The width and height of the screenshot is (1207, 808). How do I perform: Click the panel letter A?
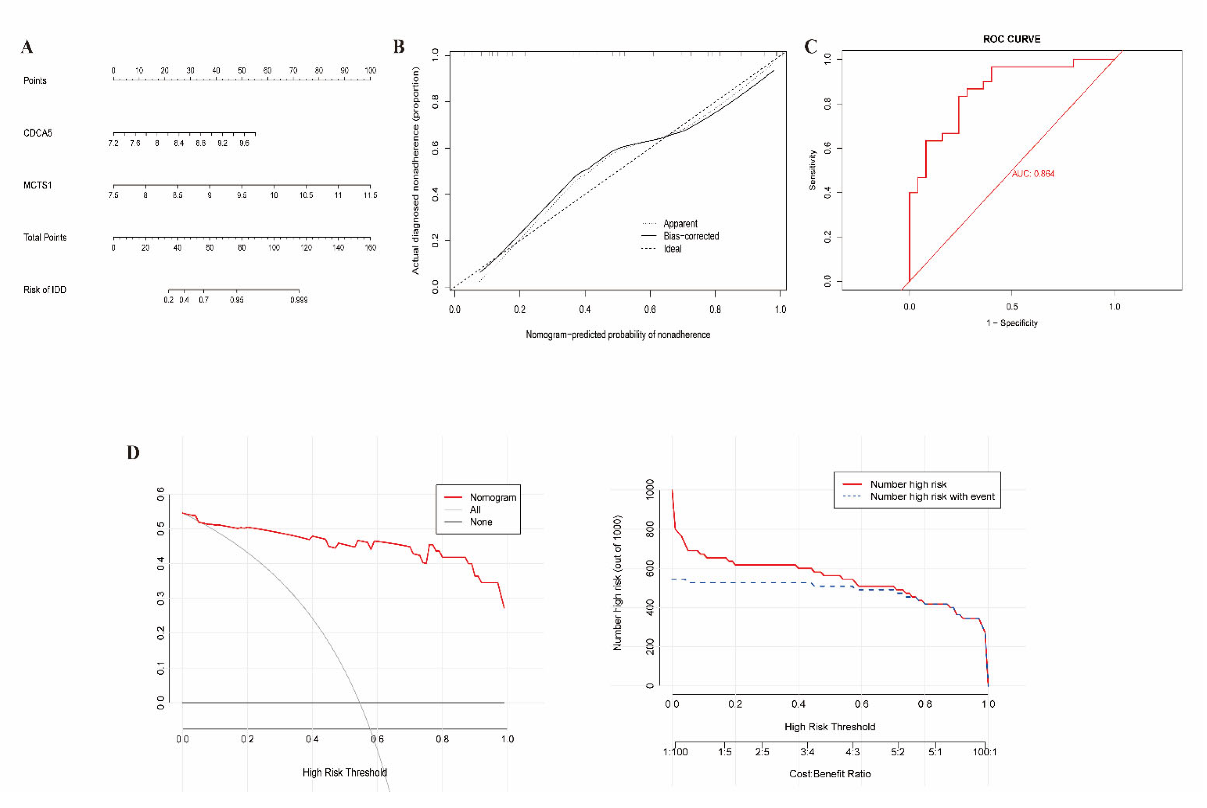pos(27,47)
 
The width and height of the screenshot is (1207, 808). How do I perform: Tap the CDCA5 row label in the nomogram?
pos(38,133)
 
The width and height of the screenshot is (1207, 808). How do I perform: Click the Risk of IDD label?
pos(45,290)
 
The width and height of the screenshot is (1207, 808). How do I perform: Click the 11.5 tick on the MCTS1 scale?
pos(370,195)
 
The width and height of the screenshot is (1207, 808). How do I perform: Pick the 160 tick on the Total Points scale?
pos(370,248)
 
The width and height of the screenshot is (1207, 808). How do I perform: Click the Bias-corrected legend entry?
pos(691,236)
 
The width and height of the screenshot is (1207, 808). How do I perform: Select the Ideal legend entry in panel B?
pos(672,249)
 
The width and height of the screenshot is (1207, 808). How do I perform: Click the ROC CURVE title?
pos(1012,39)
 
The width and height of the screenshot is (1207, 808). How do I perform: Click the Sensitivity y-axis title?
pos(813,170)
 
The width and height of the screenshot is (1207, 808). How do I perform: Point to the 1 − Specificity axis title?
pos(1012,323)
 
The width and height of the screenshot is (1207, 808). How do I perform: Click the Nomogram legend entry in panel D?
pos(492,497)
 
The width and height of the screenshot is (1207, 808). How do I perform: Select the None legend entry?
pos(480,522)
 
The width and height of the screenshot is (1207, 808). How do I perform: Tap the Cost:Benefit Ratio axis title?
pos(830,774)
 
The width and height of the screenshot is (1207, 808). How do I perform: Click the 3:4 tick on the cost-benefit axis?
pos(808,752)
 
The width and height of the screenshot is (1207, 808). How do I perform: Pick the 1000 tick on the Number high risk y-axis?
pos(650,488)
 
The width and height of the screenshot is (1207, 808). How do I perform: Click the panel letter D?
pos(133,453)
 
